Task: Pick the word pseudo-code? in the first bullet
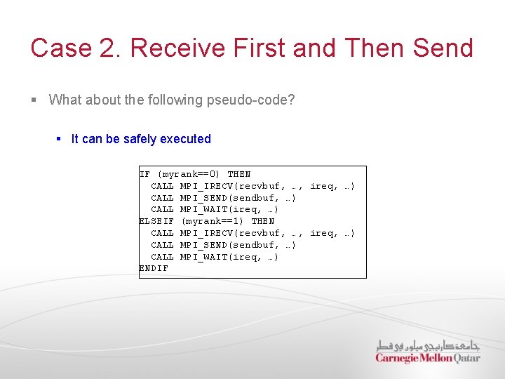coord(250,100)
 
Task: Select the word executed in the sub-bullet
coord(185,139)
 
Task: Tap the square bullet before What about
coord(34,100)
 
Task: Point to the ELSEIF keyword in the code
coord(156,221)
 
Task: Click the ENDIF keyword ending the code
coord(154,269)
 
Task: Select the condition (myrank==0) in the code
coord(189,174)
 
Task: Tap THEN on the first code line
coord(239,174)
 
